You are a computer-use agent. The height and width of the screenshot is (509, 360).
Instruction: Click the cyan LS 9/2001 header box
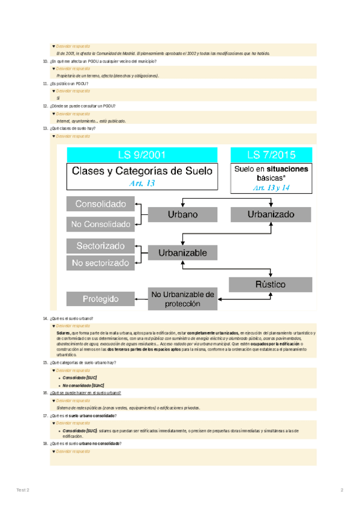click(142, 154)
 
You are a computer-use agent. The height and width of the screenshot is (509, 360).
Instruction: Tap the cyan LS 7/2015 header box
click(271, 154)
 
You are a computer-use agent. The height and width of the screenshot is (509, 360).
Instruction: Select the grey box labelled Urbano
click(182, 214)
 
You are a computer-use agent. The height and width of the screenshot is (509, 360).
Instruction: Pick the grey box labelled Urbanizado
click(271, 214)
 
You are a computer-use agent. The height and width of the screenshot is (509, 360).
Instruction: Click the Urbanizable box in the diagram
click(182, 253)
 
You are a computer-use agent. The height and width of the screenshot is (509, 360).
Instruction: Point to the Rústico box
click(271, 284)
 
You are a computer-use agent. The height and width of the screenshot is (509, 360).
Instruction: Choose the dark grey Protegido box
click(101, 298)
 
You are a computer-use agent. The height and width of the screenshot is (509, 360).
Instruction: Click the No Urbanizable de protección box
click(182, 298)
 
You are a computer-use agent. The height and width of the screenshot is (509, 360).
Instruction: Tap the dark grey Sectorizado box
click(101, 245)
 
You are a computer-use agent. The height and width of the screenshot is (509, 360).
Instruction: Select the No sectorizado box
click(101, 263)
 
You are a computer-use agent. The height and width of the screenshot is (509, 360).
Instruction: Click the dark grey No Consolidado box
click(101, 224)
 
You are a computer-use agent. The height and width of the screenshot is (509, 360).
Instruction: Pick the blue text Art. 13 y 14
click(271, 188)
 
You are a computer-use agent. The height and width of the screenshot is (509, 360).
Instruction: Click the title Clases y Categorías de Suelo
click(142, 170)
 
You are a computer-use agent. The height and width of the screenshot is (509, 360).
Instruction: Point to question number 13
click(46, 128)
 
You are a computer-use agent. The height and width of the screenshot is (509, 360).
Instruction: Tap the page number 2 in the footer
click(341, 491)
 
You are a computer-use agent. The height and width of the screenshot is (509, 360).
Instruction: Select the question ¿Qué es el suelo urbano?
click(76, 318)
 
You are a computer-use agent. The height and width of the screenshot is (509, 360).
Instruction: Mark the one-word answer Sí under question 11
click(58, 98)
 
